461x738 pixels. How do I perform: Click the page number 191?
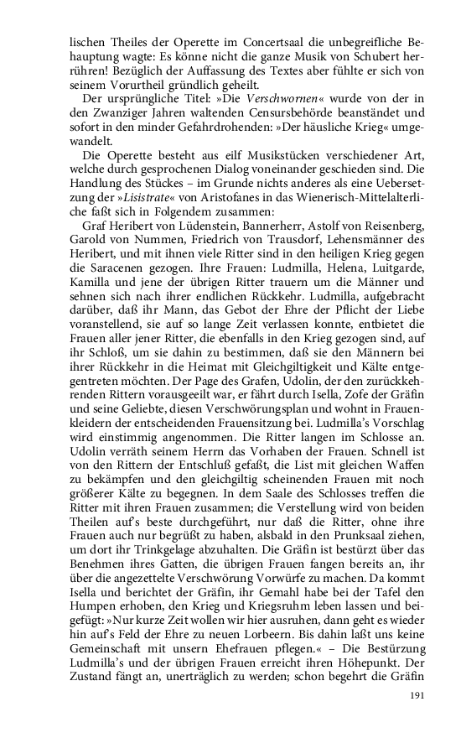[x=418, y=694]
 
